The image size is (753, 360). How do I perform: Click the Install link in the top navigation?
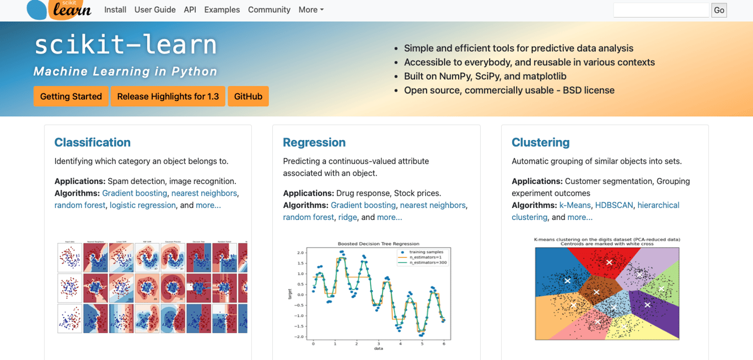click(x=115, y=10)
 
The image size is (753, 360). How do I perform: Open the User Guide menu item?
click(x=155, y=10)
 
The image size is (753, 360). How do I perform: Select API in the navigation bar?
click(x=190, y=10)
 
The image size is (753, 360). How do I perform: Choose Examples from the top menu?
click(x=222, y=10)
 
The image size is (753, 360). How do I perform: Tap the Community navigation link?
click(x=269, y=10)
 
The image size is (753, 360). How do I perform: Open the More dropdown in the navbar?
click(x=311, y=10)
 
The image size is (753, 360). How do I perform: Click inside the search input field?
click(x=661, y=10)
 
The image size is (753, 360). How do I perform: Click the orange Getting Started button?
click(x=71, y=96)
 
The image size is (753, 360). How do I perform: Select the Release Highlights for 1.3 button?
click(x=168, y=96)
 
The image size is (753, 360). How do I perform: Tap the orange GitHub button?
click(x=248, y=96)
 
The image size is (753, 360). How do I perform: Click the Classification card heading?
click(x=93, y=142)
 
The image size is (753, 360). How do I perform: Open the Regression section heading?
click(x=314, y=142)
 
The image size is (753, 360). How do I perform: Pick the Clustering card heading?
click(x=540, y=142)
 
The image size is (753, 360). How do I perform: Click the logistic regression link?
click(x=143, y=205)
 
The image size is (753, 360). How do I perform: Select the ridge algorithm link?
click(x=347, y=217)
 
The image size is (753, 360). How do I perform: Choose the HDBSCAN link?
click(x=614, y=205)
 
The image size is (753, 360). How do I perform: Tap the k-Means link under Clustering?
click(x=575, y=205)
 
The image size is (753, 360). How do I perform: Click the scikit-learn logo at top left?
click(x=59, y=9)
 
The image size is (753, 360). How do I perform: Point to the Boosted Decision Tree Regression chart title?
click(x=378, y=244)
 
